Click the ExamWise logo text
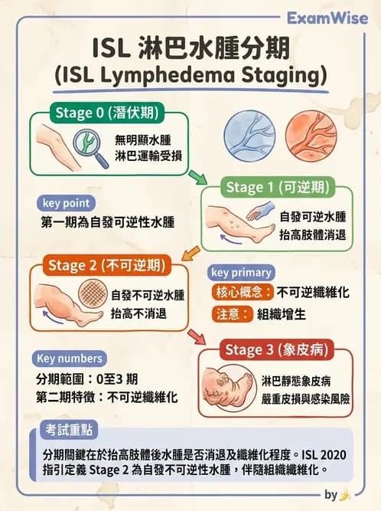click(x=327, y=18)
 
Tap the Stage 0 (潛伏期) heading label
click(x=107, y=113)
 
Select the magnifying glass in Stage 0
click(x=90, y=148)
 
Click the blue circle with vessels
click(x=249, y=136)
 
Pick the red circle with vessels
click(x=311, y=136)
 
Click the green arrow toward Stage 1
click(x=197, y=177)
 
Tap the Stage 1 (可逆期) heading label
click(x=278, y=188)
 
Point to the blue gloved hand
click(x=261, y=211)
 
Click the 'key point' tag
click(x=66, y=203)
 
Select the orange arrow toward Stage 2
click(x=190, y=254)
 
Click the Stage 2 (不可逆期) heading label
click(x=107, y=265)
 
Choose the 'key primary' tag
click(x=241, y=273)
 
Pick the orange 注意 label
click(x=232, y=314)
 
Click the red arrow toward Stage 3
click(x=197, y=336)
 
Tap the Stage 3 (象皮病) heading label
click(x=276, y=349)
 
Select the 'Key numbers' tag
click(x=70, y=359)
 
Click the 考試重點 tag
click(x=69, y=430)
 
